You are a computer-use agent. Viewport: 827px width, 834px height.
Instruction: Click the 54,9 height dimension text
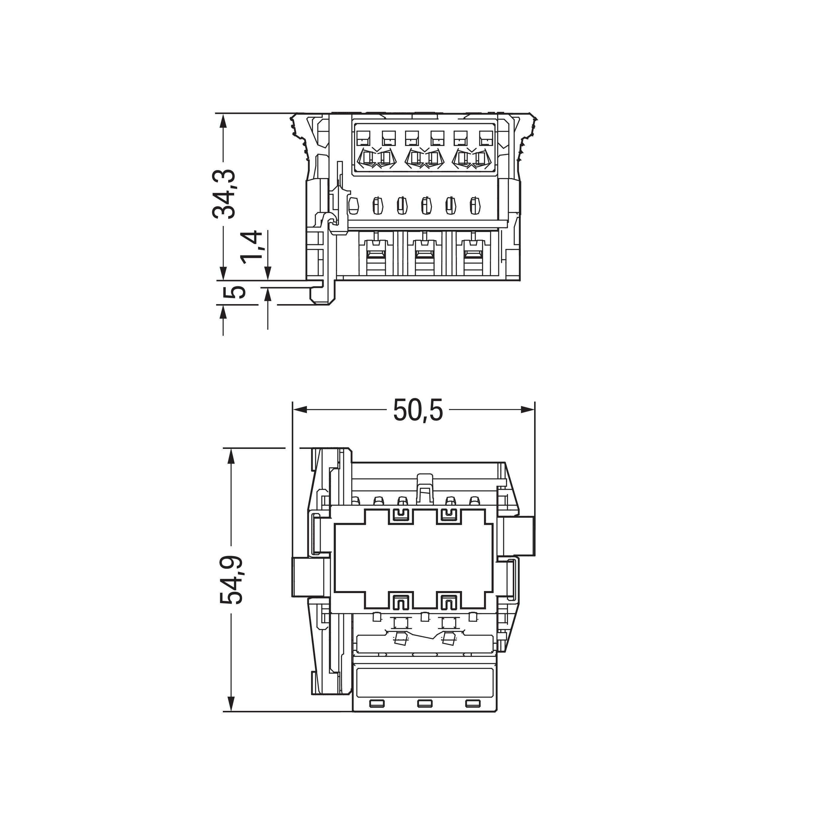click(x=232, y=579)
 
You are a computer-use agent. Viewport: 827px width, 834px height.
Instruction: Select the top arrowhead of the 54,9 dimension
click(x=231, y=456)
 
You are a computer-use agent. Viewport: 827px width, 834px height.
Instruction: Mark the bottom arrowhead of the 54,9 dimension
click(x=231, y=704)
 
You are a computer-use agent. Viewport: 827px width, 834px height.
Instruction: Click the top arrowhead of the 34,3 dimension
click(x=223, y=121)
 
